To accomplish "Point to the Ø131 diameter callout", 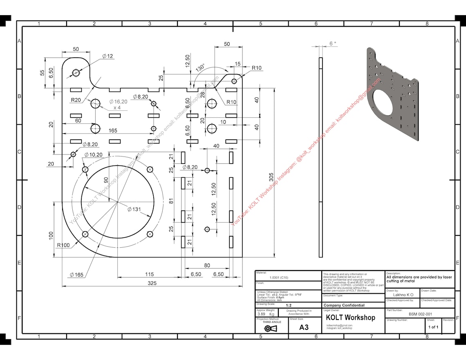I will pyautogui.click(x=134, y=209).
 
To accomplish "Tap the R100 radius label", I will pyautogui.click(x=63, y=245).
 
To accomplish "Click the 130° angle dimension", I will pyautogui.click(x=200, y=67).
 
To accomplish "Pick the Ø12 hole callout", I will pyautogui.click(x=108, y=56).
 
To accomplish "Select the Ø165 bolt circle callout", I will pyautogui.click(x=76, y=275).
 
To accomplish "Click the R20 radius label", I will pyautogui.click(x=76, y=100).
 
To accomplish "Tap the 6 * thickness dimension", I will pyautogui.click(x=333, y=43).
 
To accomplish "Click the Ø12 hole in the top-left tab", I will pyautogui.click(x=76, y=73).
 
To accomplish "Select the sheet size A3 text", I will pyautogui.click(x=304, y=327).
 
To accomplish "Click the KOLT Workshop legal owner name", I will pyautogui.click(x=350, y=318).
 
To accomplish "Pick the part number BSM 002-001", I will pyautogui.click(x=420, y=314).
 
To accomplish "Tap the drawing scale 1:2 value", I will pyautogui.click(x=289, y=305).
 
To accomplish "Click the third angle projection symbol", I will pyautogui.click(x=271, y=329).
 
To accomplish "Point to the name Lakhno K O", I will pyautogui.click(x=403, y=295).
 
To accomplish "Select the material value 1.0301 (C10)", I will pyautogui.click(x=279, y=277).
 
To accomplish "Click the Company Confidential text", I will pyautogui.click(x=344, y=305).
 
